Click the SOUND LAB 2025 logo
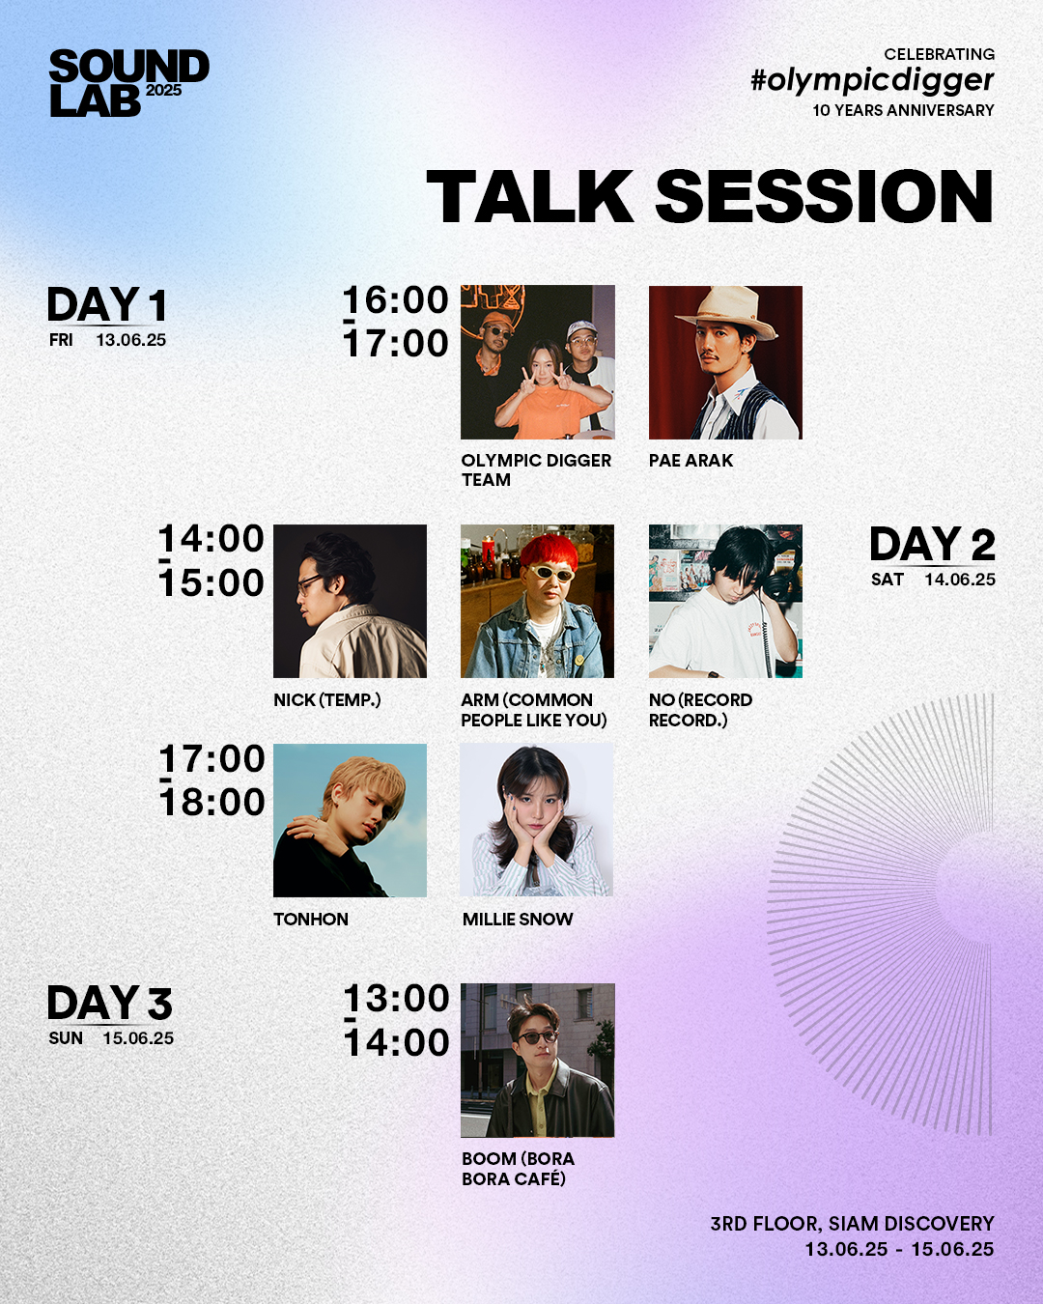coord(129,83)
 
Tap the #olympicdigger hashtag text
coord(872,80)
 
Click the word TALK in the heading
coord(530,196)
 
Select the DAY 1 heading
coord(106,305)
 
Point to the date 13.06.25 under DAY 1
coord(131,340)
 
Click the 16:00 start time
coord(396,300)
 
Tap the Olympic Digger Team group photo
coord(538,362)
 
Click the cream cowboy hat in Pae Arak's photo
coord(726,311)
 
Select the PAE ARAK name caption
coord(691,461)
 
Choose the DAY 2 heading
coord(932,544)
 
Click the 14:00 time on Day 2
coord(211,539)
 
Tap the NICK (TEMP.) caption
coord(327,700)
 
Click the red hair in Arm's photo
coord(550,551)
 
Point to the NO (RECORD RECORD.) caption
coord(700,710)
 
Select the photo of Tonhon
coord(350,820)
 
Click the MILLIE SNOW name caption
coord(518,920)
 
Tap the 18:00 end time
coord(212,803)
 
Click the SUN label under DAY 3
coord(66,1038)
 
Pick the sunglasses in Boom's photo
coord(537,1036)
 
